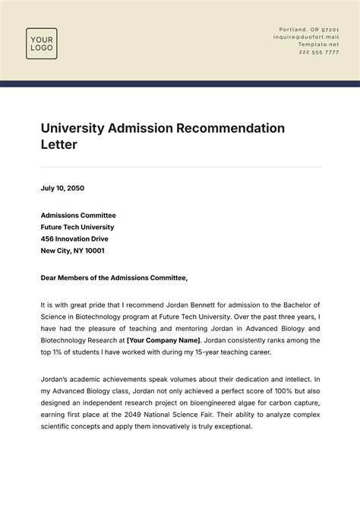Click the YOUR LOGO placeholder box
click(42, 43)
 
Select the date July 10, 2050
click(62, 188)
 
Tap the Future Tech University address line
click(77, 227)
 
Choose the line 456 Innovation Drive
click(74, 238)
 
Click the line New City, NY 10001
click(73, 250)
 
